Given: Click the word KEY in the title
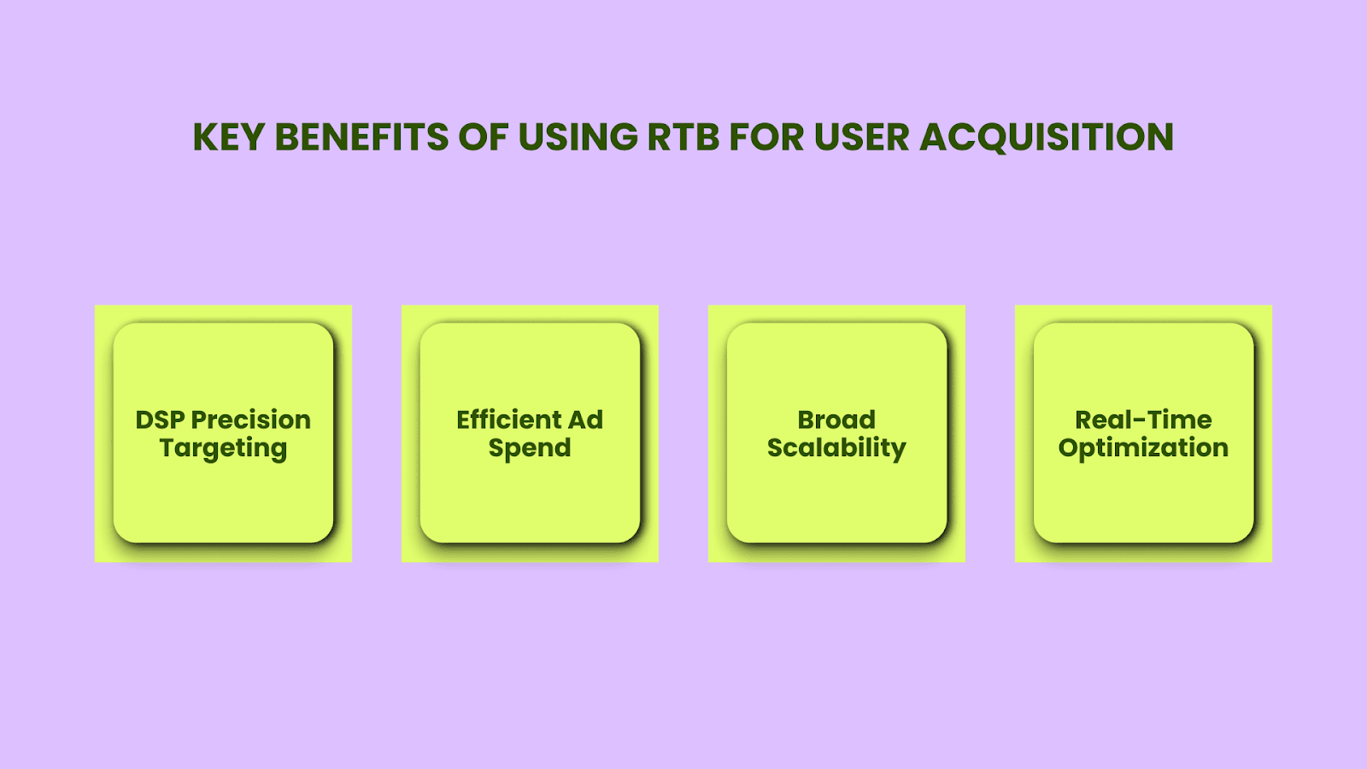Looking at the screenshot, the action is point(228,137).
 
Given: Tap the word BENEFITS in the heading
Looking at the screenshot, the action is point(362,137).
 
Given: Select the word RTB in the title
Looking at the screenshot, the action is point(683,137).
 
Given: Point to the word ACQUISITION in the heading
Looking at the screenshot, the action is point(1047,137).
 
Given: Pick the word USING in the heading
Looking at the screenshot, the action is point(578,137).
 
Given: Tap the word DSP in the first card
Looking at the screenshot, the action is point(160,420).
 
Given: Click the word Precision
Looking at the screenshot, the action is point(251,420).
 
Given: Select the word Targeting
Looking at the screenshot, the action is point(223,449).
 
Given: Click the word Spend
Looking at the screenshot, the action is point(530,449).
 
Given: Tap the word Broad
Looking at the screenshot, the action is point(836,420).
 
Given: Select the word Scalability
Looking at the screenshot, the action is point(836,449).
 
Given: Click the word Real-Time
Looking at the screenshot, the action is point(1144,420).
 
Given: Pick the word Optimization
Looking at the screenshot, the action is point(1144,449).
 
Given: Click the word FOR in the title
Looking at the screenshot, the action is point(767,137).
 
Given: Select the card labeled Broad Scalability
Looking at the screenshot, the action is point(836,432).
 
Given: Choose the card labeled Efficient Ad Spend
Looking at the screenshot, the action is point(530,432).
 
